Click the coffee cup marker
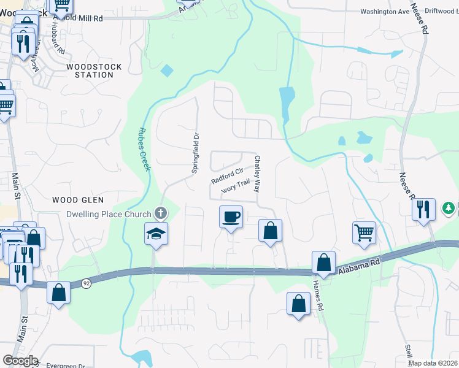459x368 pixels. pyautogui.click(x=231, y=217)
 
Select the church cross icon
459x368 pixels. pyautogui.click(x=161, y=213)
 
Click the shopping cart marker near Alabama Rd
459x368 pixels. pyautogui.click(x=364, y=233)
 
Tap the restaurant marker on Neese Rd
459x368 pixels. pyautogui.click(x=423, y=209)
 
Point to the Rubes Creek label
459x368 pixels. pyautogui.click(x=144, y=149)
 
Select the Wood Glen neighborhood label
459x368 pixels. pyautogui.click(x=78, y=200)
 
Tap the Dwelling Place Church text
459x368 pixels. pyautogui.click(x=109, y=214)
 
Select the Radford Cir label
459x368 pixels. pyautogui.click(x=228, y=177)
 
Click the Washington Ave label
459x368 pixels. pyautogui.click(x=385, y=11)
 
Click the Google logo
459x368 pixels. pyautogui.click(x=20, y=361)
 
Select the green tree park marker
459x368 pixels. pyautogui.click(x=450, y=209)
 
